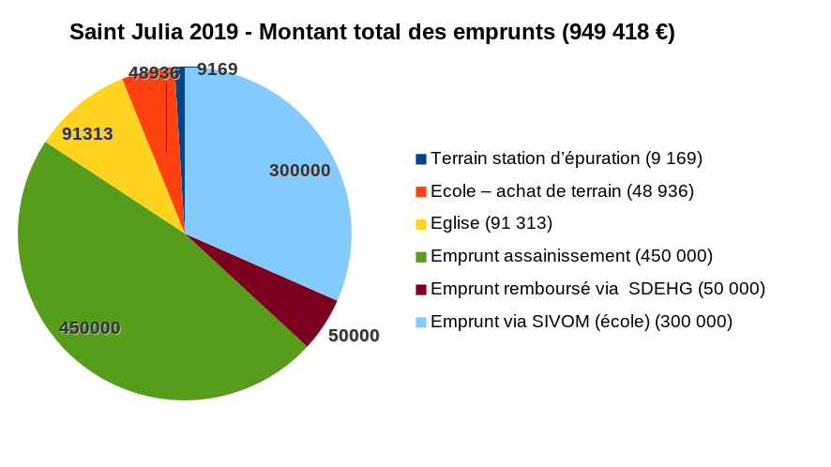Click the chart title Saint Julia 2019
160,32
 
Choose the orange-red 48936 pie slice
155,103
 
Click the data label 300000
299,171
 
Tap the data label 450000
90,328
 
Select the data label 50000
354,336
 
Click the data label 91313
87,134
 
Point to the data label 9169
217,69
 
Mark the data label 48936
154,73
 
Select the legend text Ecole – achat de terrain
561,191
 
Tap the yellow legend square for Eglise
421,224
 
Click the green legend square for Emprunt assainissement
421,257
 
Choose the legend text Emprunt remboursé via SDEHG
597,289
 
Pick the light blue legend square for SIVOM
421,322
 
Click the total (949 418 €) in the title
618,32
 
